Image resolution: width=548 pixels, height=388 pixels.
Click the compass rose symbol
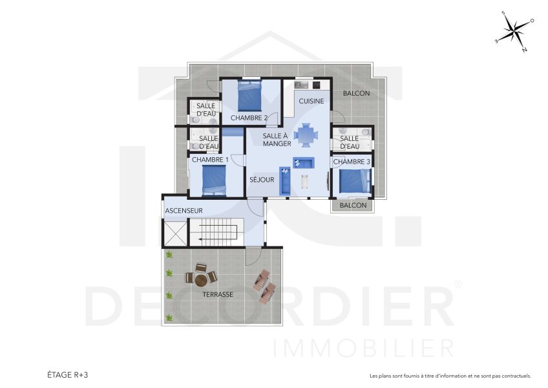coord(515,30)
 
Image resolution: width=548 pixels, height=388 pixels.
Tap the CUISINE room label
coord(311,101)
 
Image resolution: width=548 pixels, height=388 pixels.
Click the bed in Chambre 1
coord(214,180)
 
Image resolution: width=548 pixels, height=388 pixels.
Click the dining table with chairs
coord(306,135)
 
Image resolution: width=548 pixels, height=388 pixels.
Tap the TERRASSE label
coord(217,294)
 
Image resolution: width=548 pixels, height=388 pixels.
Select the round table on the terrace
coord(202,279)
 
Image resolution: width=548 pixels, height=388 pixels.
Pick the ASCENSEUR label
coord(184,211)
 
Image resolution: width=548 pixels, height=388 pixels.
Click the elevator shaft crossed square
coord(174,232)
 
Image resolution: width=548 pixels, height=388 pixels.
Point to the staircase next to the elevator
coord(216,232)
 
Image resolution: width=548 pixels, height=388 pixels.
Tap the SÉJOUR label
coord(262,180)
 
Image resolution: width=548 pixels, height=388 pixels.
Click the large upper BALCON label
coord(356,94)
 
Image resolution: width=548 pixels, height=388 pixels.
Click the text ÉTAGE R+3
coord(67,375)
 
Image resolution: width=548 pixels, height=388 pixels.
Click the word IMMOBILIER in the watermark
coord(364,348)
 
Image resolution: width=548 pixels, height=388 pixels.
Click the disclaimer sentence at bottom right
coord(450,376)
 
